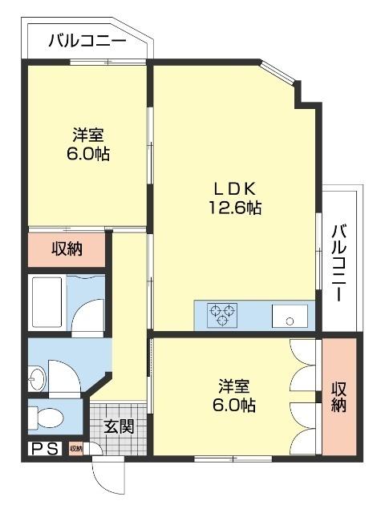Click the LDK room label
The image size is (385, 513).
tap(233, 188)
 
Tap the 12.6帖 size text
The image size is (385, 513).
tap(233, 208)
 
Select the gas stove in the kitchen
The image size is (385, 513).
tap(224, 314)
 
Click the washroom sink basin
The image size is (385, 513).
tap(37, 374)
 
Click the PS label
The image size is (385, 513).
tap(45, 449)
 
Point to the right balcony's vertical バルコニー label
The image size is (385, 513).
tap(339, 262)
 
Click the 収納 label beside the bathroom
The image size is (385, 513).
tap(67, 249)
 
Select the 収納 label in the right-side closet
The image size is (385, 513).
tap(338, 396)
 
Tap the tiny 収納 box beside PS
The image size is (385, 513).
tap(75, 449)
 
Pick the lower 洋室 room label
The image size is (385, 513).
tap(234, 386)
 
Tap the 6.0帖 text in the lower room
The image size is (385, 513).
tap(234, 405)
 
